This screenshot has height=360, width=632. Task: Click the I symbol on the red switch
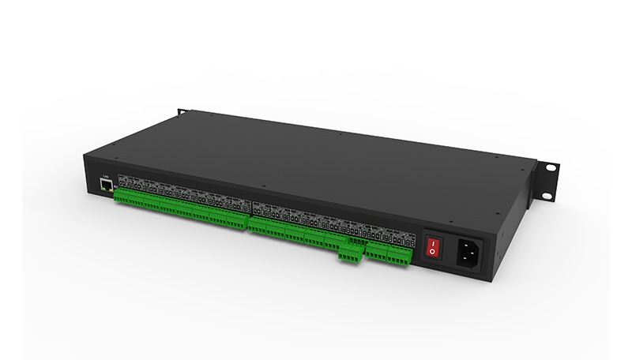point(431,239)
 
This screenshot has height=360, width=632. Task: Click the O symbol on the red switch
point(431,251)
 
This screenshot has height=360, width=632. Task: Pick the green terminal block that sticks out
point(348,252)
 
